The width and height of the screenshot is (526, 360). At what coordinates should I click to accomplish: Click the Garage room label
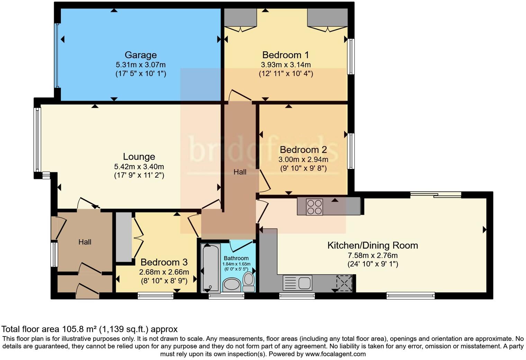point(140,55)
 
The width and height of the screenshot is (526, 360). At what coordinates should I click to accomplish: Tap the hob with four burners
point(315,207)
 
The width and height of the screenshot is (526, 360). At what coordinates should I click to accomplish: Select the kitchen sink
point(298,282)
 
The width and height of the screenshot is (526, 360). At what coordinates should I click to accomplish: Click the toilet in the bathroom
point(249,282)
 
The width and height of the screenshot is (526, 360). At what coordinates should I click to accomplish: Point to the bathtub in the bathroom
point(211,268)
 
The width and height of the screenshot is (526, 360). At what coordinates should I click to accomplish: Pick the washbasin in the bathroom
point(232,285)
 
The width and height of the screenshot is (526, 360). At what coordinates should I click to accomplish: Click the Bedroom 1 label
point(285,55)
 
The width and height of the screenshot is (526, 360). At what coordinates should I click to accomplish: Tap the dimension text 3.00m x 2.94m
point(303,160)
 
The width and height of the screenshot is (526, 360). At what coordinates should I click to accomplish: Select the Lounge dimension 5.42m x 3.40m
point(139,167)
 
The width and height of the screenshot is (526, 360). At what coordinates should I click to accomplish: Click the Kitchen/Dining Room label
point(373,245)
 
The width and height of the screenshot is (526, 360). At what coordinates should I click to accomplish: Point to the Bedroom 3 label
point(164,262)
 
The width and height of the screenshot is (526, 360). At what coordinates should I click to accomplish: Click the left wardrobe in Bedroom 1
point(240,18)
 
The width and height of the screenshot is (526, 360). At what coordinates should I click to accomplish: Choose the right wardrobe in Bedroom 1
point(328,18)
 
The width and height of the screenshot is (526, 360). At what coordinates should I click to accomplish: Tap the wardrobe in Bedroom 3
point(124,237)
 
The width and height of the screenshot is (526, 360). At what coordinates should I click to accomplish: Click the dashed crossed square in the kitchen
point(344,283)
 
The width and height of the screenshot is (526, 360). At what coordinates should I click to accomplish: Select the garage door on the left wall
point(57,55)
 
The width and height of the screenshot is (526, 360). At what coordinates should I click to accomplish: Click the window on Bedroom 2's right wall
point(351,151)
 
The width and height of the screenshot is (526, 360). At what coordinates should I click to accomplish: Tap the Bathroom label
point(236,258)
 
